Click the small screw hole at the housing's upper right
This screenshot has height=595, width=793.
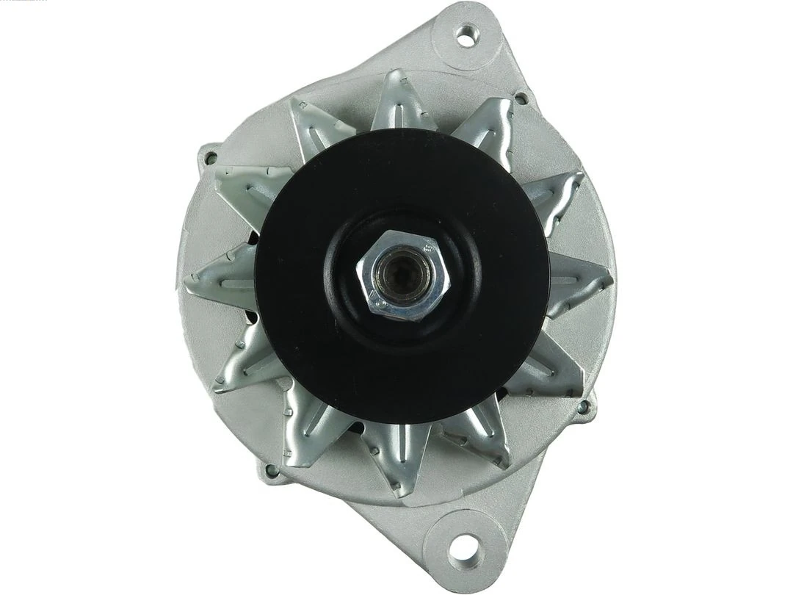[521, 98]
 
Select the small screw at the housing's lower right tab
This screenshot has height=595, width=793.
[583, 406]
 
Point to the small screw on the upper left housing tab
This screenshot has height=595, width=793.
[211, 157]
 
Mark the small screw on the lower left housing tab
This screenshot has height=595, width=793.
[272, 470]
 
